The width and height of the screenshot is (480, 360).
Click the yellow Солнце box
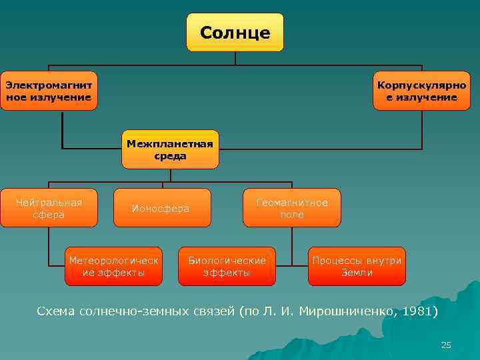[235, 32]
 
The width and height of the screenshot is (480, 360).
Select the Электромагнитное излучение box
[49, 91]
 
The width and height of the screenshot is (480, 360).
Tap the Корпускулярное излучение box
[421, 91]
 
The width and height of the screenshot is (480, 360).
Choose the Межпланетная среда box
[170, 149]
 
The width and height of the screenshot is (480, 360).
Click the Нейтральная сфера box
[49, 207]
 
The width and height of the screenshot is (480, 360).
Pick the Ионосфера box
[161, 208]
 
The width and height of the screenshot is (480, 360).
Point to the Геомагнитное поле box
[292, 207]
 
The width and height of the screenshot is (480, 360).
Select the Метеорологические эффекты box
[113, 266]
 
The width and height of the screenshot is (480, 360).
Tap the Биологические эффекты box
[227, 266]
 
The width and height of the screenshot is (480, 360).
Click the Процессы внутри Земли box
[357, 266]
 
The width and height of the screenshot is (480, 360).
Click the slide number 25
[446, 345]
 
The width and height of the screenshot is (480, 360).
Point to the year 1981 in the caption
[419, 311]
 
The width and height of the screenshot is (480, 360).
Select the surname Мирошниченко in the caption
[343, 311]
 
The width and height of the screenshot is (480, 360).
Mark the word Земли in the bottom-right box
[357, 273]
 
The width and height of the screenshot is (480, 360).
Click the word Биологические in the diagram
[227, 260]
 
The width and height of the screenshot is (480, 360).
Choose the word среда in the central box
[170, 155]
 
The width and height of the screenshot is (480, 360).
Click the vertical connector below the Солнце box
[235, 58]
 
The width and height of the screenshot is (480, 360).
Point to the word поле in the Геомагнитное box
[292, 215]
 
